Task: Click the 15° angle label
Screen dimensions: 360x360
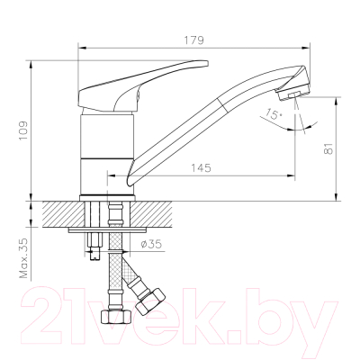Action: [272, 114]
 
